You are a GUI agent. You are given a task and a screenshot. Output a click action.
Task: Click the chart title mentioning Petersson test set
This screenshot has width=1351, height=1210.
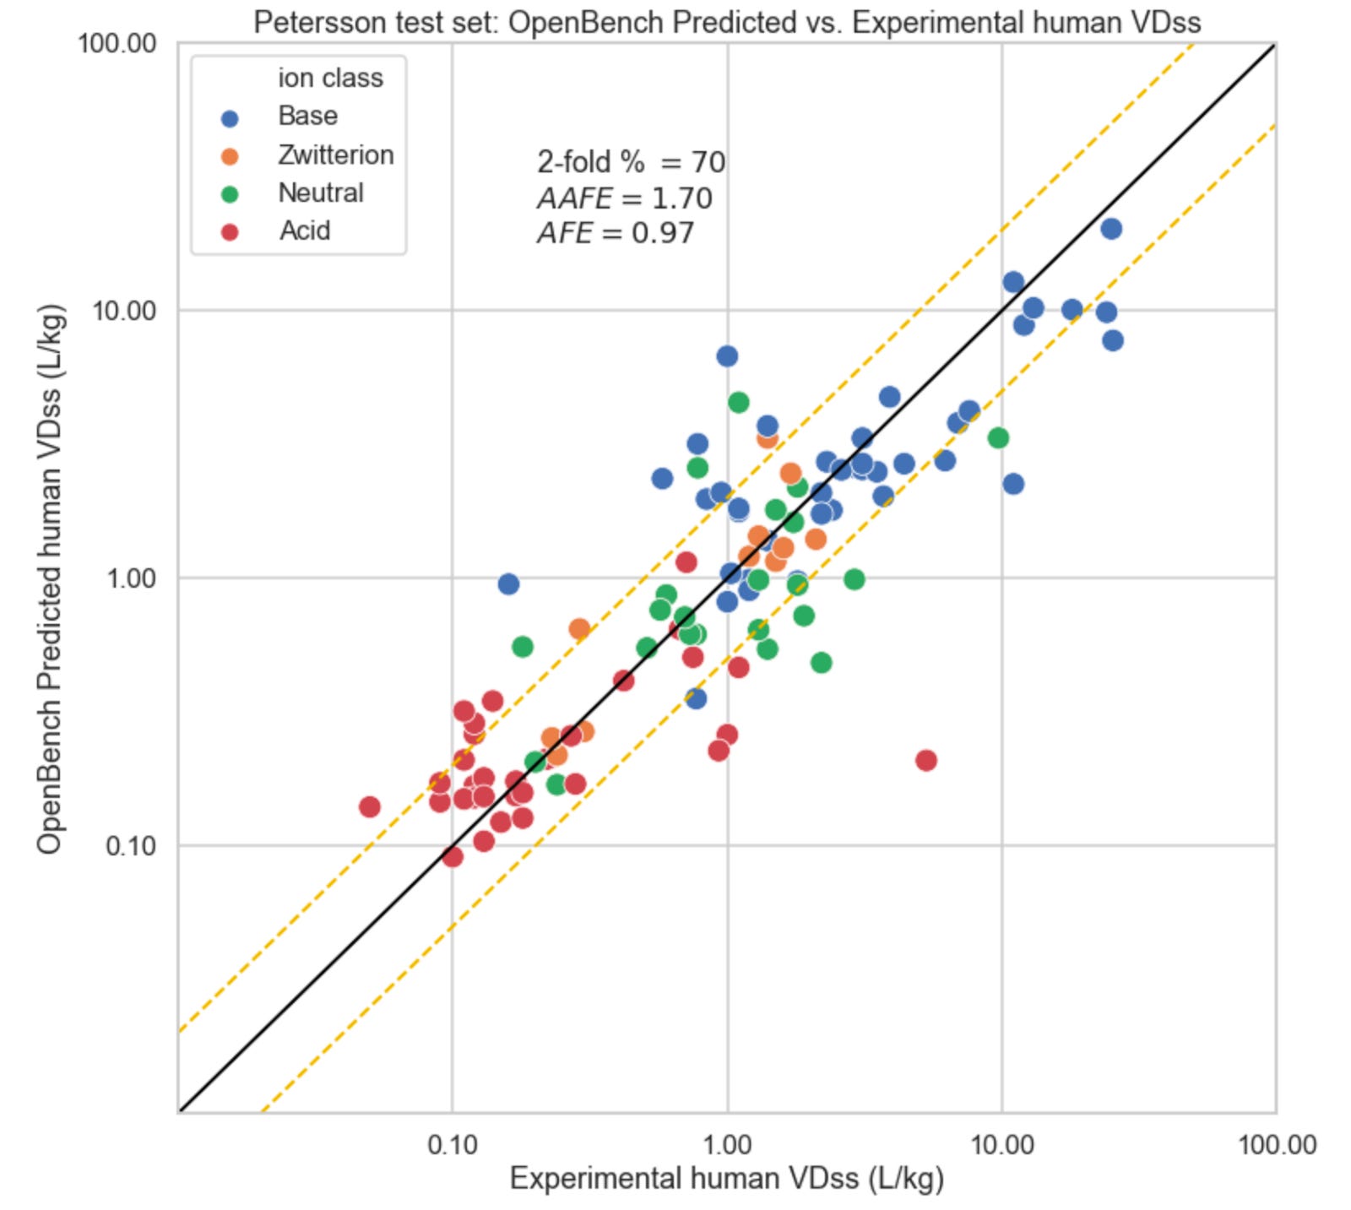pos(727,22)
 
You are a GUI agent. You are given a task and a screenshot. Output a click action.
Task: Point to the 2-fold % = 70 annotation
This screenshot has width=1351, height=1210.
pos(631,160)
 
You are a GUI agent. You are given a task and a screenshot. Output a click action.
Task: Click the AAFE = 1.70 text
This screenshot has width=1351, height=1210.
pos(624,198)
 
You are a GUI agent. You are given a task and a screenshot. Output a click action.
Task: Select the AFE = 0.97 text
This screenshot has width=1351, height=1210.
pos(616,233)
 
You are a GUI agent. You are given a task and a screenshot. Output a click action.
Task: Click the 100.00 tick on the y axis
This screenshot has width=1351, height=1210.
pos(117,43)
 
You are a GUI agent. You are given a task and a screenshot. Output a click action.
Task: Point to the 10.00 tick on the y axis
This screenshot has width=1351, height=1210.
pos(124,311)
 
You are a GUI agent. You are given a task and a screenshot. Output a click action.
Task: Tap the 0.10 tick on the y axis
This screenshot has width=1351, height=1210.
pos(131,845)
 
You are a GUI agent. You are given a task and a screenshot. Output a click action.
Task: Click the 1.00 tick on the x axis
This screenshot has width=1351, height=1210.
pos(726,1145)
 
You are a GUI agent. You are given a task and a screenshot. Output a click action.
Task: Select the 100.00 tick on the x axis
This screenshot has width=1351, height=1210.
pos(1276,1145)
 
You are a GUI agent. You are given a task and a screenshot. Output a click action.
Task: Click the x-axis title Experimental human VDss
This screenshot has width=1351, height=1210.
pos(726,1179)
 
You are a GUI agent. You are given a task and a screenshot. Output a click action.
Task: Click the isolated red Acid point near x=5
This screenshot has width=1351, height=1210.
pos(925,760)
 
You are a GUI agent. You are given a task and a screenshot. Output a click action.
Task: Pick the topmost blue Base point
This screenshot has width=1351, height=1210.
pos(1111,228)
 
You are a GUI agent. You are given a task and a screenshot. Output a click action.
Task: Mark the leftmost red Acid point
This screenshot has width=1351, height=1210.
pos(369,806)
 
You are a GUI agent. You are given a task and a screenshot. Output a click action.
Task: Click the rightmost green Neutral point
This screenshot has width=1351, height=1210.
pos(998,437)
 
